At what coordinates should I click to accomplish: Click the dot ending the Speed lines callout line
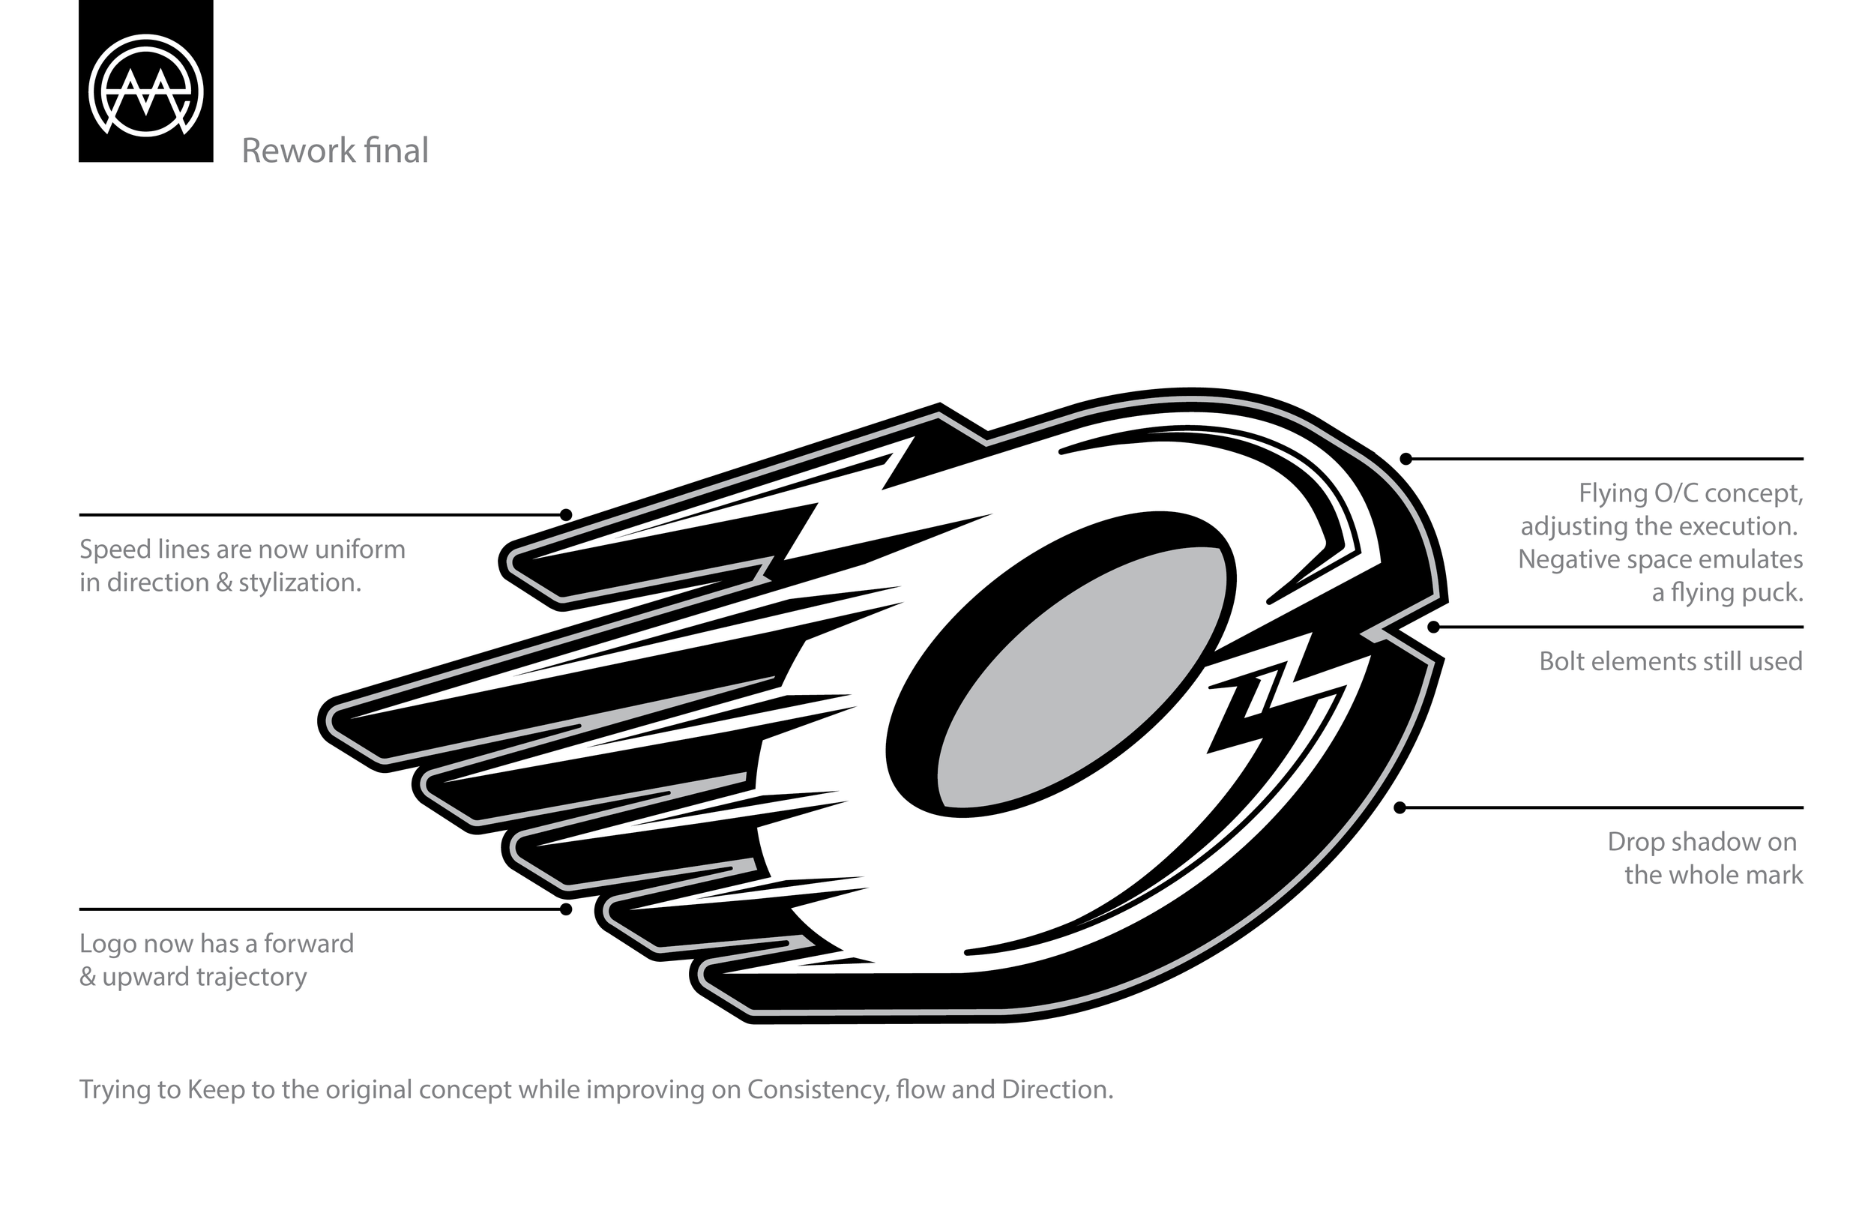pos(565,515)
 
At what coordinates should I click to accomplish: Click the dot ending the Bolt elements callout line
pos(1434,627)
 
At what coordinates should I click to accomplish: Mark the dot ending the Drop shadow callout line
pos(1400,808)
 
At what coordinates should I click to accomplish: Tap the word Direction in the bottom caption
pos(1057,1090)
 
